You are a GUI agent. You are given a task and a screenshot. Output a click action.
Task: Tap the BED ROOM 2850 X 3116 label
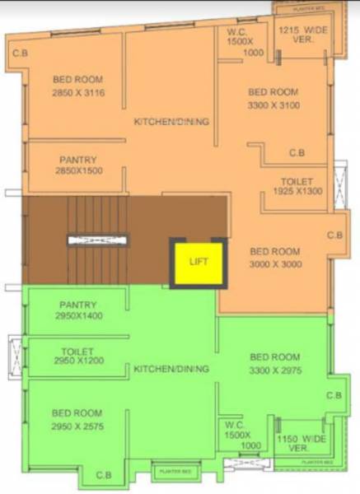78,86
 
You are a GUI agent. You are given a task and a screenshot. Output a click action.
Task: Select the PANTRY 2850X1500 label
78,165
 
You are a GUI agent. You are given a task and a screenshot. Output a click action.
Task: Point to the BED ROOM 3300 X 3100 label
274,99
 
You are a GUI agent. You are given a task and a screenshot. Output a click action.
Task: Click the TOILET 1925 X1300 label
297,186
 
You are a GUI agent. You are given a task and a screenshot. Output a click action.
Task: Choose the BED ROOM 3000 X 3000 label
275,258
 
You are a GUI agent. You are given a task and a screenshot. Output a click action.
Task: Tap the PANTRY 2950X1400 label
78,310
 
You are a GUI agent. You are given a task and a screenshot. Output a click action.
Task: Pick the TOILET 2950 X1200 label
78,356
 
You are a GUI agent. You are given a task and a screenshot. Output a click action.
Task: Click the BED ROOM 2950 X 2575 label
77,419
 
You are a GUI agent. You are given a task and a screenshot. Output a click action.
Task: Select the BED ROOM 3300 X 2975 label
275,363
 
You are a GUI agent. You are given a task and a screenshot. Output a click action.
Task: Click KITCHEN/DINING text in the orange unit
171,122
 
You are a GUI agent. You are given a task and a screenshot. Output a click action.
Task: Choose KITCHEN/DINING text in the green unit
171,368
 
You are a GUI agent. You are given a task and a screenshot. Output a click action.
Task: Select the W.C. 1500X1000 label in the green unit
238,435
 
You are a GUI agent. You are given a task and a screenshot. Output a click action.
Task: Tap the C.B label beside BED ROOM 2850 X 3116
19,54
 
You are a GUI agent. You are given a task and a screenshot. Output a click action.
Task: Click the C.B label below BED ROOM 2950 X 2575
103,475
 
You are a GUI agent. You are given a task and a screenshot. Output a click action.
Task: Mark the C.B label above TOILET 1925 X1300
297,153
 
